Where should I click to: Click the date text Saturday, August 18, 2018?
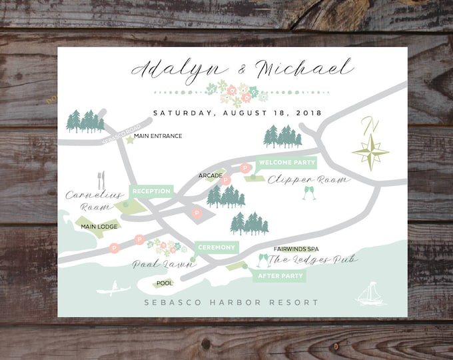tap(237, 113)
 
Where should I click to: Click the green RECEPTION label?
tap(151, 191)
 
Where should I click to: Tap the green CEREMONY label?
tap(216, 248)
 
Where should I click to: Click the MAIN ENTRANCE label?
tap(158, 136)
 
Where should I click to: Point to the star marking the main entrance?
tap(129, 139)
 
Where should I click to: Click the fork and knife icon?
tap(101, 180)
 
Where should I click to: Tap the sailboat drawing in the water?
tap(369, 294)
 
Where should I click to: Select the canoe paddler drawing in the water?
tap(113, 289)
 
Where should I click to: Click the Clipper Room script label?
tap(308, 180)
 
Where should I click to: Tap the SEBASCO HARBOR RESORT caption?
tap(230, 303)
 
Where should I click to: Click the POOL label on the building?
tap(164, 283)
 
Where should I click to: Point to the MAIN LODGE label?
tap(99, 226)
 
